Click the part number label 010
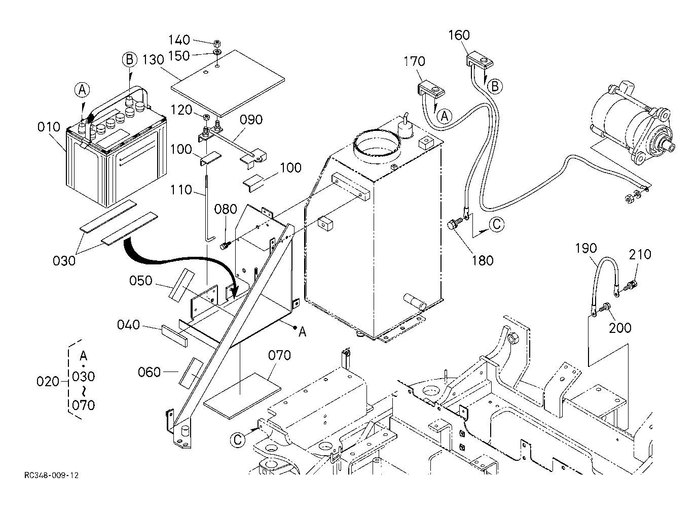coord(49,127)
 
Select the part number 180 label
coord(483,260)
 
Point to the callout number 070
coord(280,355)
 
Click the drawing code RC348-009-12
coord(51,476)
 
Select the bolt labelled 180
coord(455,224)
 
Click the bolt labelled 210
coord(632,285)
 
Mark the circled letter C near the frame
coord(238,439)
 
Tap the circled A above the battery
coord(82,90)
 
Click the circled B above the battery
coord(129,59)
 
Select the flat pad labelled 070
coord(242,396)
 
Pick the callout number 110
coord(181,190)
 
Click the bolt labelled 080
coord(226,246)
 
